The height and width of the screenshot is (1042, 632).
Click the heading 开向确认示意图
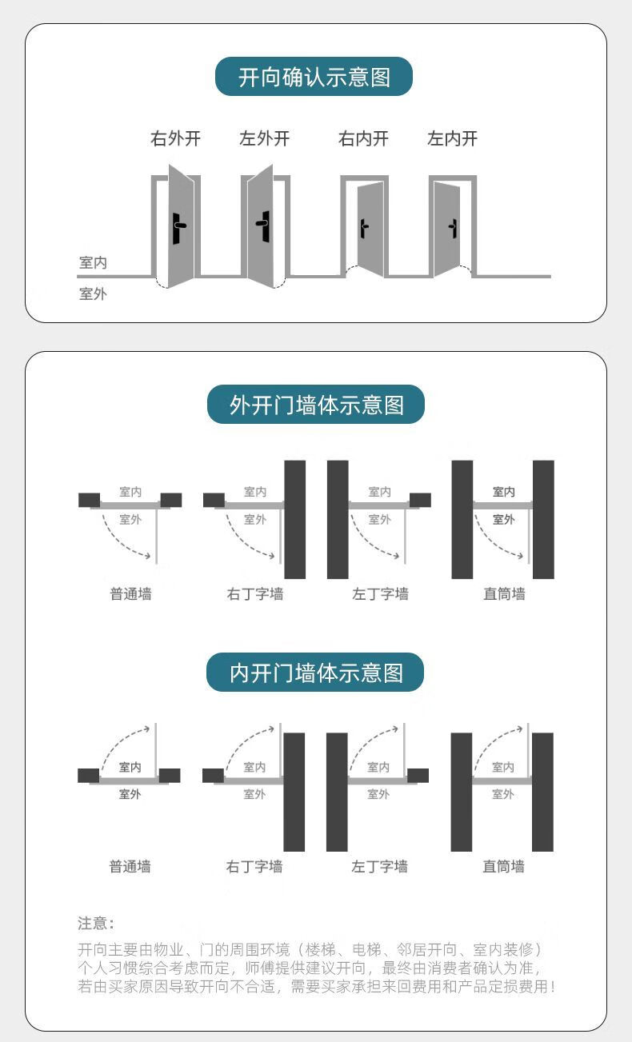(314, 78)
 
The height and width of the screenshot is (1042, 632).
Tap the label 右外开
(175, 138)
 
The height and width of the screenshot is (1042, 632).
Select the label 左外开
(264, 138)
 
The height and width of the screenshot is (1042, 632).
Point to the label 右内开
(363, 138)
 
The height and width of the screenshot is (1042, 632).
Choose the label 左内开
(452, 138)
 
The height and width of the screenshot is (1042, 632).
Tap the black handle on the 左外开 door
(263, 226)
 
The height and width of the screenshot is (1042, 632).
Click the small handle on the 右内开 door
(364, 229)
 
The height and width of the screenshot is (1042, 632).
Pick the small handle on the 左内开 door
(453, 229)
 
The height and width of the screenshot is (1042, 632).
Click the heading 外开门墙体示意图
(316, 405)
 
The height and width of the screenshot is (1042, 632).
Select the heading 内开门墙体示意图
(315, 673)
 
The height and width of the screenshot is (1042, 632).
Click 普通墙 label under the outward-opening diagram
(130, 594)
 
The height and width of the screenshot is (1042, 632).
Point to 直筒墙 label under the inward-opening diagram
(503, 867)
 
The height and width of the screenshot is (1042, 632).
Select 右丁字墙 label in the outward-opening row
(255, 594)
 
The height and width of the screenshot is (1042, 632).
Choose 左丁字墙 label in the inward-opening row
(379, 867)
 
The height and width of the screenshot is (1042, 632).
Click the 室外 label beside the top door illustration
(93, 294)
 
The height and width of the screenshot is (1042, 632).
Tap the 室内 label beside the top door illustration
(93, 263)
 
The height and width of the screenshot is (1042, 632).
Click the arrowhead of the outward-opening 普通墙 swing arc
(148, 556)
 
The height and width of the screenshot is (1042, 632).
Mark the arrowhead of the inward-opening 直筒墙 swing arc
(520, 729)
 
